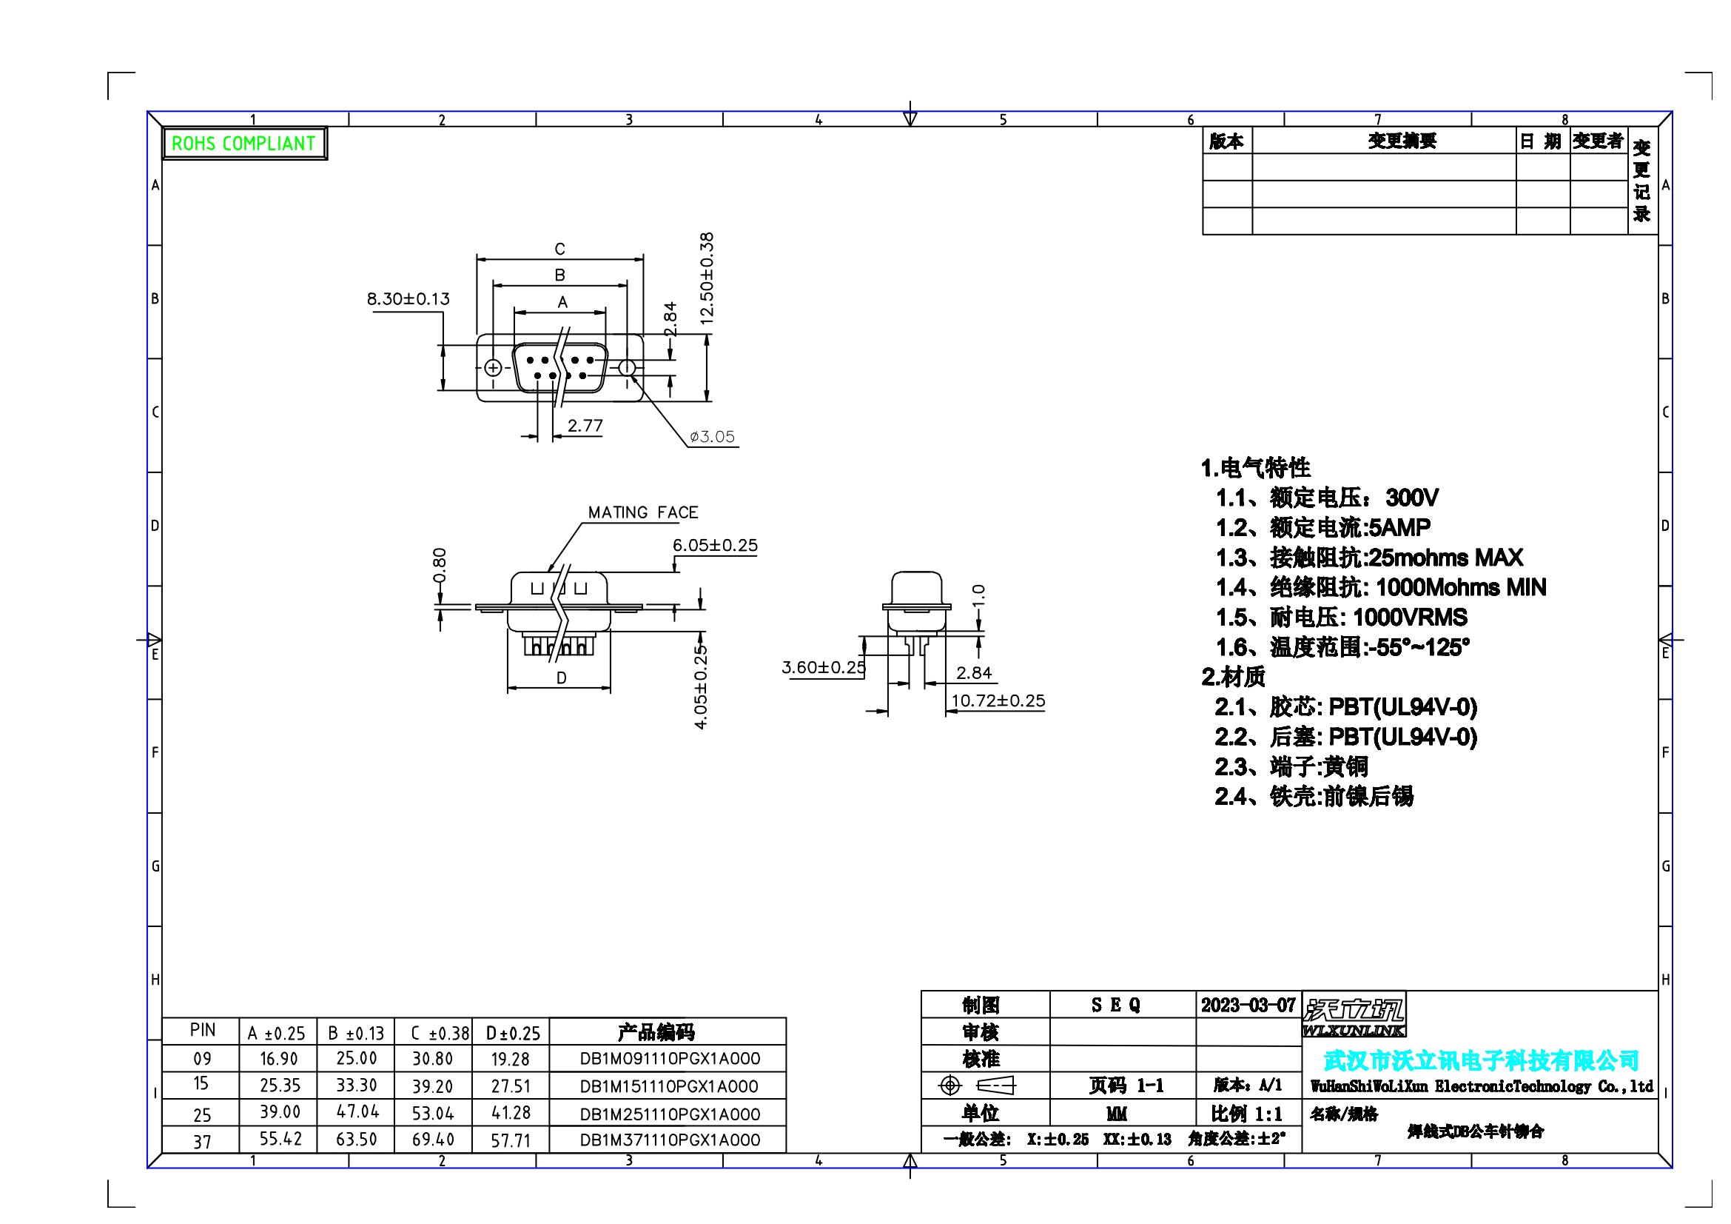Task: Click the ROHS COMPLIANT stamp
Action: [x=244, y=144]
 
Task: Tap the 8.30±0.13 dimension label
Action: [x=408, y=299]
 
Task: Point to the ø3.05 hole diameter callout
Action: [x=712, y=437]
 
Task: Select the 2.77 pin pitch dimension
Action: [x=585, y=425]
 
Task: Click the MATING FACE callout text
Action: [x=643, y=513]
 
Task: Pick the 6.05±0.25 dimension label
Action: [x=715, y=545]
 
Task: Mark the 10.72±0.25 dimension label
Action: [x=998, y=700]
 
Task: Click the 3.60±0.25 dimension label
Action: [x=823, y=667]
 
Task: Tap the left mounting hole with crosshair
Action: [x=493, y=368]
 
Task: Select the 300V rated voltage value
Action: [x=1412, y=498]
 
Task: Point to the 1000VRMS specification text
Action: [x=1410, y=618]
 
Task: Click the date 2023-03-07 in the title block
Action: [x=1248, y=1006]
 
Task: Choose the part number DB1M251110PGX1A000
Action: [x=670, y=1114]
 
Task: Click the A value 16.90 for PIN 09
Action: [x=279, y=1059]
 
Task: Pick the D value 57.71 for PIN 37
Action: [x=511, y=1140]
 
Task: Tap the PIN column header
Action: [x=202, y=1030]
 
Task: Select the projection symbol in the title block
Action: [x=977, y=1086]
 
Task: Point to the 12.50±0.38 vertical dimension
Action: [x=707, y=278]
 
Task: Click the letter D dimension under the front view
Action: [x=561, y=678]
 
